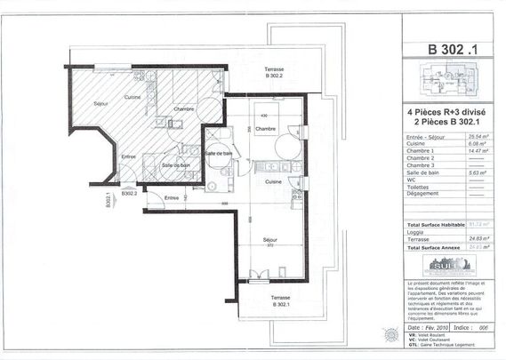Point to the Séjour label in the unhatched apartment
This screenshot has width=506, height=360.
[x=270, y=240]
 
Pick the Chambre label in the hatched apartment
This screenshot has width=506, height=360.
[x=184, y=108]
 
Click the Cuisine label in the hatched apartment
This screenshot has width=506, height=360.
[x=133, y=97]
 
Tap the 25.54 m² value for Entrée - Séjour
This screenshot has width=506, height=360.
[x=472, y=138]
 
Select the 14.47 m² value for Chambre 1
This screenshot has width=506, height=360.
[x=472, y=152]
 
